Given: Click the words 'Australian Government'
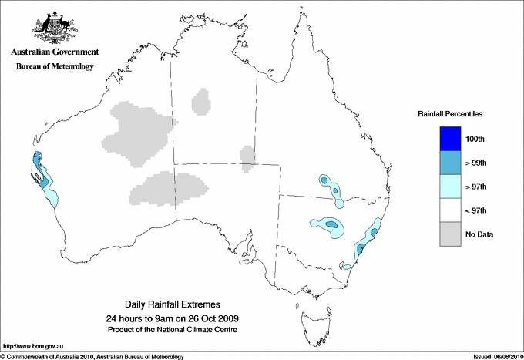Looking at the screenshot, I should tap(53, 52).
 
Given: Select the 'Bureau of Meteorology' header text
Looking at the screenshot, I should tap(54, 67).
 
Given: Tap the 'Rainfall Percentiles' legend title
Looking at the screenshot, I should tap(450, 113).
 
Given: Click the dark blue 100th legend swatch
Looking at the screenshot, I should tap(451, 139).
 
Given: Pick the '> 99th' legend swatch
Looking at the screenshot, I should tap(451, 163).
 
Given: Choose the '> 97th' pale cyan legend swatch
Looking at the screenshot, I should tap(451, 186).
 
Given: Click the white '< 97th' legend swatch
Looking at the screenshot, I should tap(451, 210).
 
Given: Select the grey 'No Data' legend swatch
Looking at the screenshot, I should tap(451, 234).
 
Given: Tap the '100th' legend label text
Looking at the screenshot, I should tap(475, 139).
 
